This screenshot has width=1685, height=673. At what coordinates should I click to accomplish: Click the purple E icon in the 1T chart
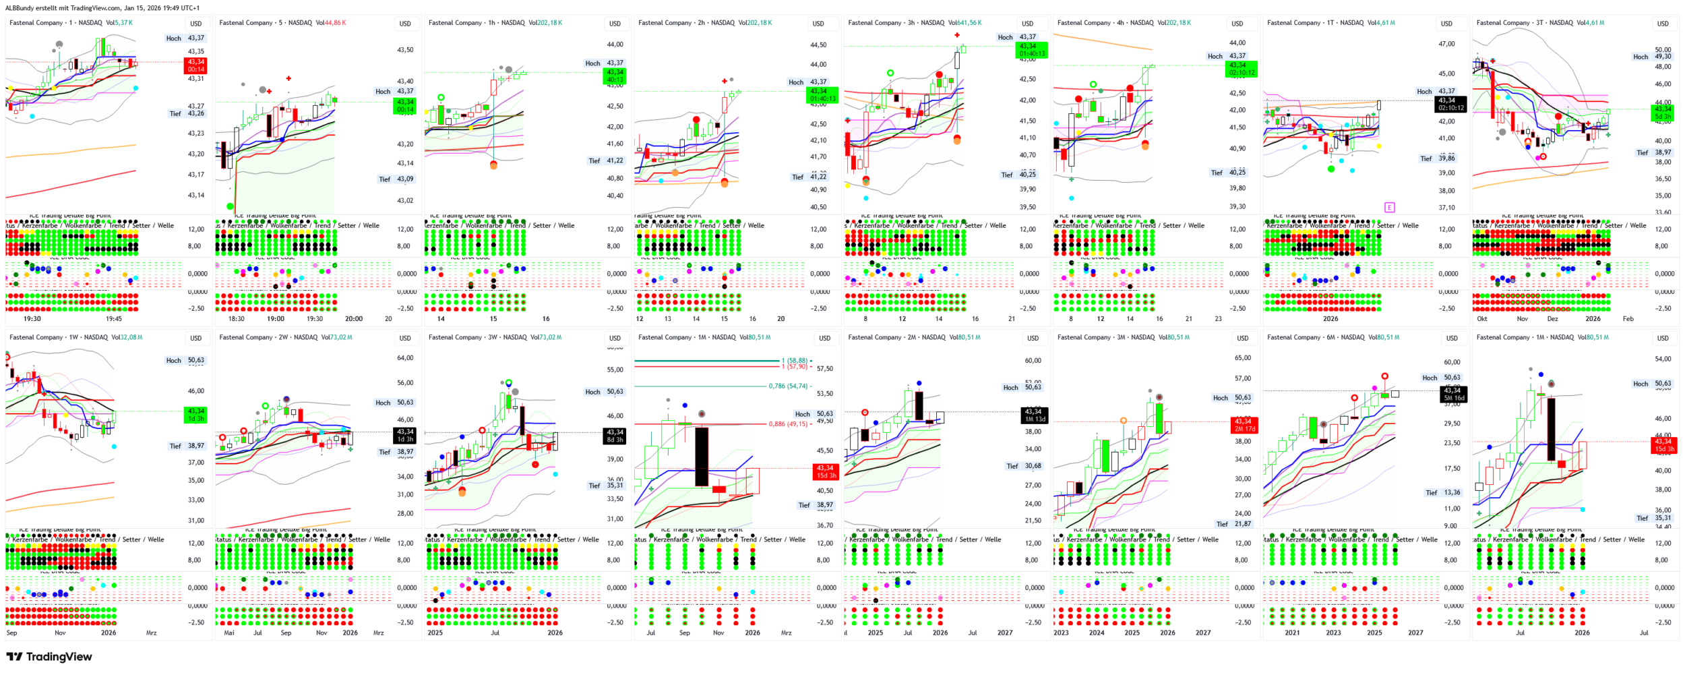point(1389,207)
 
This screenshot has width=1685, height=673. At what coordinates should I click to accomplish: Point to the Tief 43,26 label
point(187,113)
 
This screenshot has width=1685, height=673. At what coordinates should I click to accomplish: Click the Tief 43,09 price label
point(396,179)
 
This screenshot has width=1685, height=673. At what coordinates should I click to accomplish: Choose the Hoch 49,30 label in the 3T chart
point(1652,57)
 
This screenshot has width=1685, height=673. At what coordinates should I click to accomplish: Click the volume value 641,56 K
point(967,23)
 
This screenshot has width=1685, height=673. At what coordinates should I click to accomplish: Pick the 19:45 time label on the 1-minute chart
point(114,319)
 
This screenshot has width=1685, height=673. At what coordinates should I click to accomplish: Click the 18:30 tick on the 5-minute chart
point(237,319)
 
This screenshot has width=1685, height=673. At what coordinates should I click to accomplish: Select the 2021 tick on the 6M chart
point(1292,633)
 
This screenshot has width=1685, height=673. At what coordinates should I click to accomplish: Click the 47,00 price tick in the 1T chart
point(1446,44)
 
